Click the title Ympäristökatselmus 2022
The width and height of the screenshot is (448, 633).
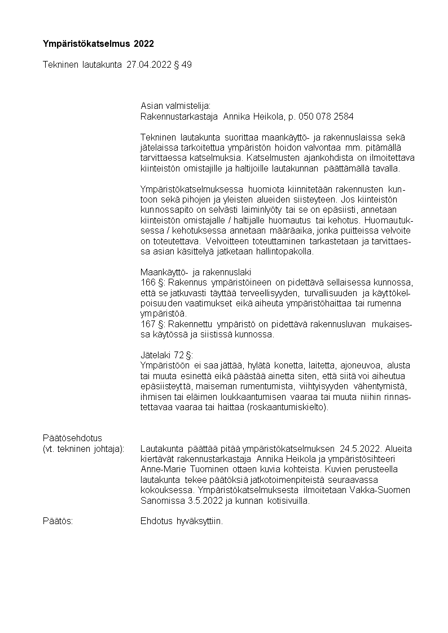point(98,43)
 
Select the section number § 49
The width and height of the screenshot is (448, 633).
point(183,65)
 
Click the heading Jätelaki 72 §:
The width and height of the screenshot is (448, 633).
point(166,355)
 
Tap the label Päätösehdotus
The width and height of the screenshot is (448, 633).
point(72,438)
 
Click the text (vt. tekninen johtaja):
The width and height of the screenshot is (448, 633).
point(84,449)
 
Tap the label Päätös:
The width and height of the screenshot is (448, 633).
point(58,521)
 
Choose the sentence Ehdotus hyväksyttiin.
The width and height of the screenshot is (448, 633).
point(182,521)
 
